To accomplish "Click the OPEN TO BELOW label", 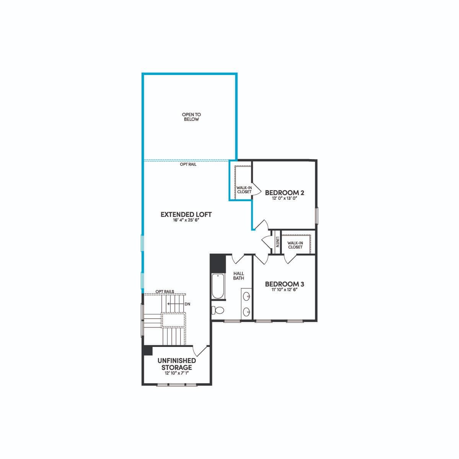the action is (191, 117).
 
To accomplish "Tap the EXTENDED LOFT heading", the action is (186, 214).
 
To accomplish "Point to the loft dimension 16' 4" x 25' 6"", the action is (186, 220).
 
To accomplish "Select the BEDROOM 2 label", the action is (285, 192).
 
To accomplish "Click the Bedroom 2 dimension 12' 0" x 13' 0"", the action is (285, 198).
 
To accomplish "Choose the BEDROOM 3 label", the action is (285, 284).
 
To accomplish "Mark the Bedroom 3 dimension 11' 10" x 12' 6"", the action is (285, 290).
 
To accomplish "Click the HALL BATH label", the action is (238, 276).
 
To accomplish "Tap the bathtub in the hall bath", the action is (218, 286).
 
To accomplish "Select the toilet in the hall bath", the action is (218, 310).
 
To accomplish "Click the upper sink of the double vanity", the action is (247, 296).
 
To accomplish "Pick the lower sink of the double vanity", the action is (247, 311).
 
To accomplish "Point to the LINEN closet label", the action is (277, 242).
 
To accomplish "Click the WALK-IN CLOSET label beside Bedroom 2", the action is (244, 190).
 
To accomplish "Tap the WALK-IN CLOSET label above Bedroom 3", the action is (295, 245).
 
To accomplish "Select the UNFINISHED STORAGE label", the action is (176, 364).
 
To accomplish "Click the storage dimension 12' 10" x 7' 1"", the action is (176, 373).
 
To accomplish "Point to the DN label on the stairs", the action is (187, 304).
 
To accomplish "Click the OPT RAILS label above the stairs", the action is (165, 291).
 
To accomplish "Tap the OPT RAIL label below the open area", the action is (188, 164).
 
